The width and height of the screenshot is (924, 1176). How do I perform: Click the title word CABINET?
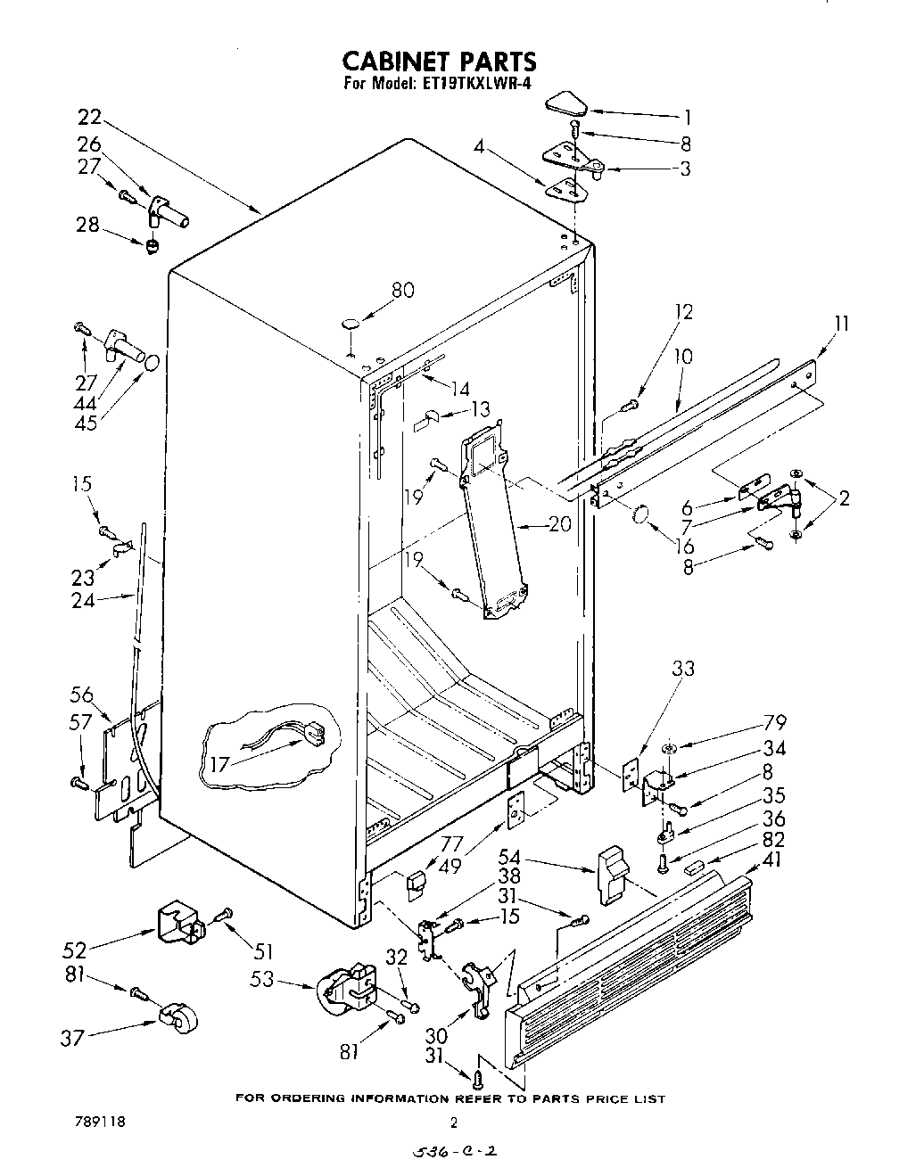398,62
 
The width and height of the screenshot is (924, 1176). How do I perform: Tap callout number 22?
89,116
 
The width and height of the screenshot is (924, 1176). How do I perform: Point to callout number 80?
403,290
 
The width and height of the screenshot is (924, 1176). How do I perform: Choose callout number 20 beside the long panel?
559,525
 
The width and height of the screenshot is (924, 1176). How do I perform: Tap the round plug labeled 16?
639,516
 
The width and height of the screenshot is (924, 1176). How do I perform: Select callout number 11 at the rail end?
841,323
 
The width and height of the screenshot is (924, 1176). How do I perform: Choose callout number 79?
750,720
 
